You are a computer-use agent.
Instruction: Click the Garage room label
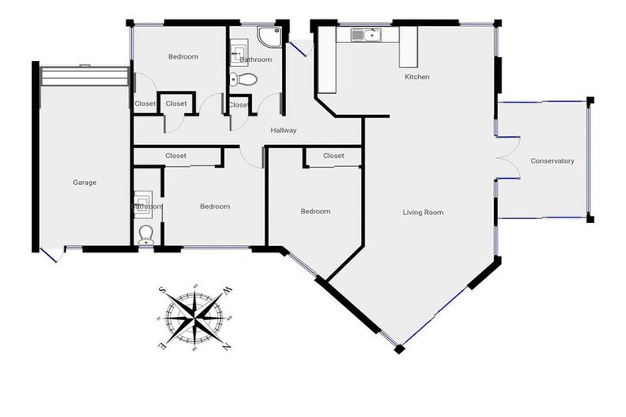click(84, 182)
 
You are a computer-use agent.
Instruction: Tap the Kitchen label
click(417, 77)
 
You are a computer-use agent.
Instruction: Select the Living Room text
click(423, 213)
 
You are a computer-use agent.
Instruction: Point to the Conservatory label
click(552, 161)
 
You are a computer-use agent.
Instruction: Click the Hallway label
click(284, 130)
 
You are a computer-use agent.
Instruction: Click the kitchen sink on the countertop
click(364, 35)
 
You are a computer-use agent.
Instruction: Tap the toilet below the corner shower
click(243, 79)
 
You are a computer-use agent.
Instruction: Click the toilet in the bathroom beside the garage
click(146, 235)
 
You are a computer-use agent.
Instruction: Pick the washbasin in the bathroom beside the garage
click(142, 198)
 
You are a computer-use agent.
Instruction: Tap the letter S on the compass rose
click(163, 290)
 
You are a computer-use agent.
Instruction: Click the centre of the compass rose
click(195, 318)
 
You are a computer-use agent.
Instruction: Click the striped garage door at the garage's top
click(85, 76)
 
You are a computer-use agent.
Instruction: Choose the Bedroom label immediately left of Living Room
click(315, 212)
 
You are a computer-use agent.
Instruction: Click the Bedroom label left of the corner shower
click(183, 57)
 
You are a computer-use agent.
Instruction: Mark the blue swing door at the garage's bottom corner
click(51, 254)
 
